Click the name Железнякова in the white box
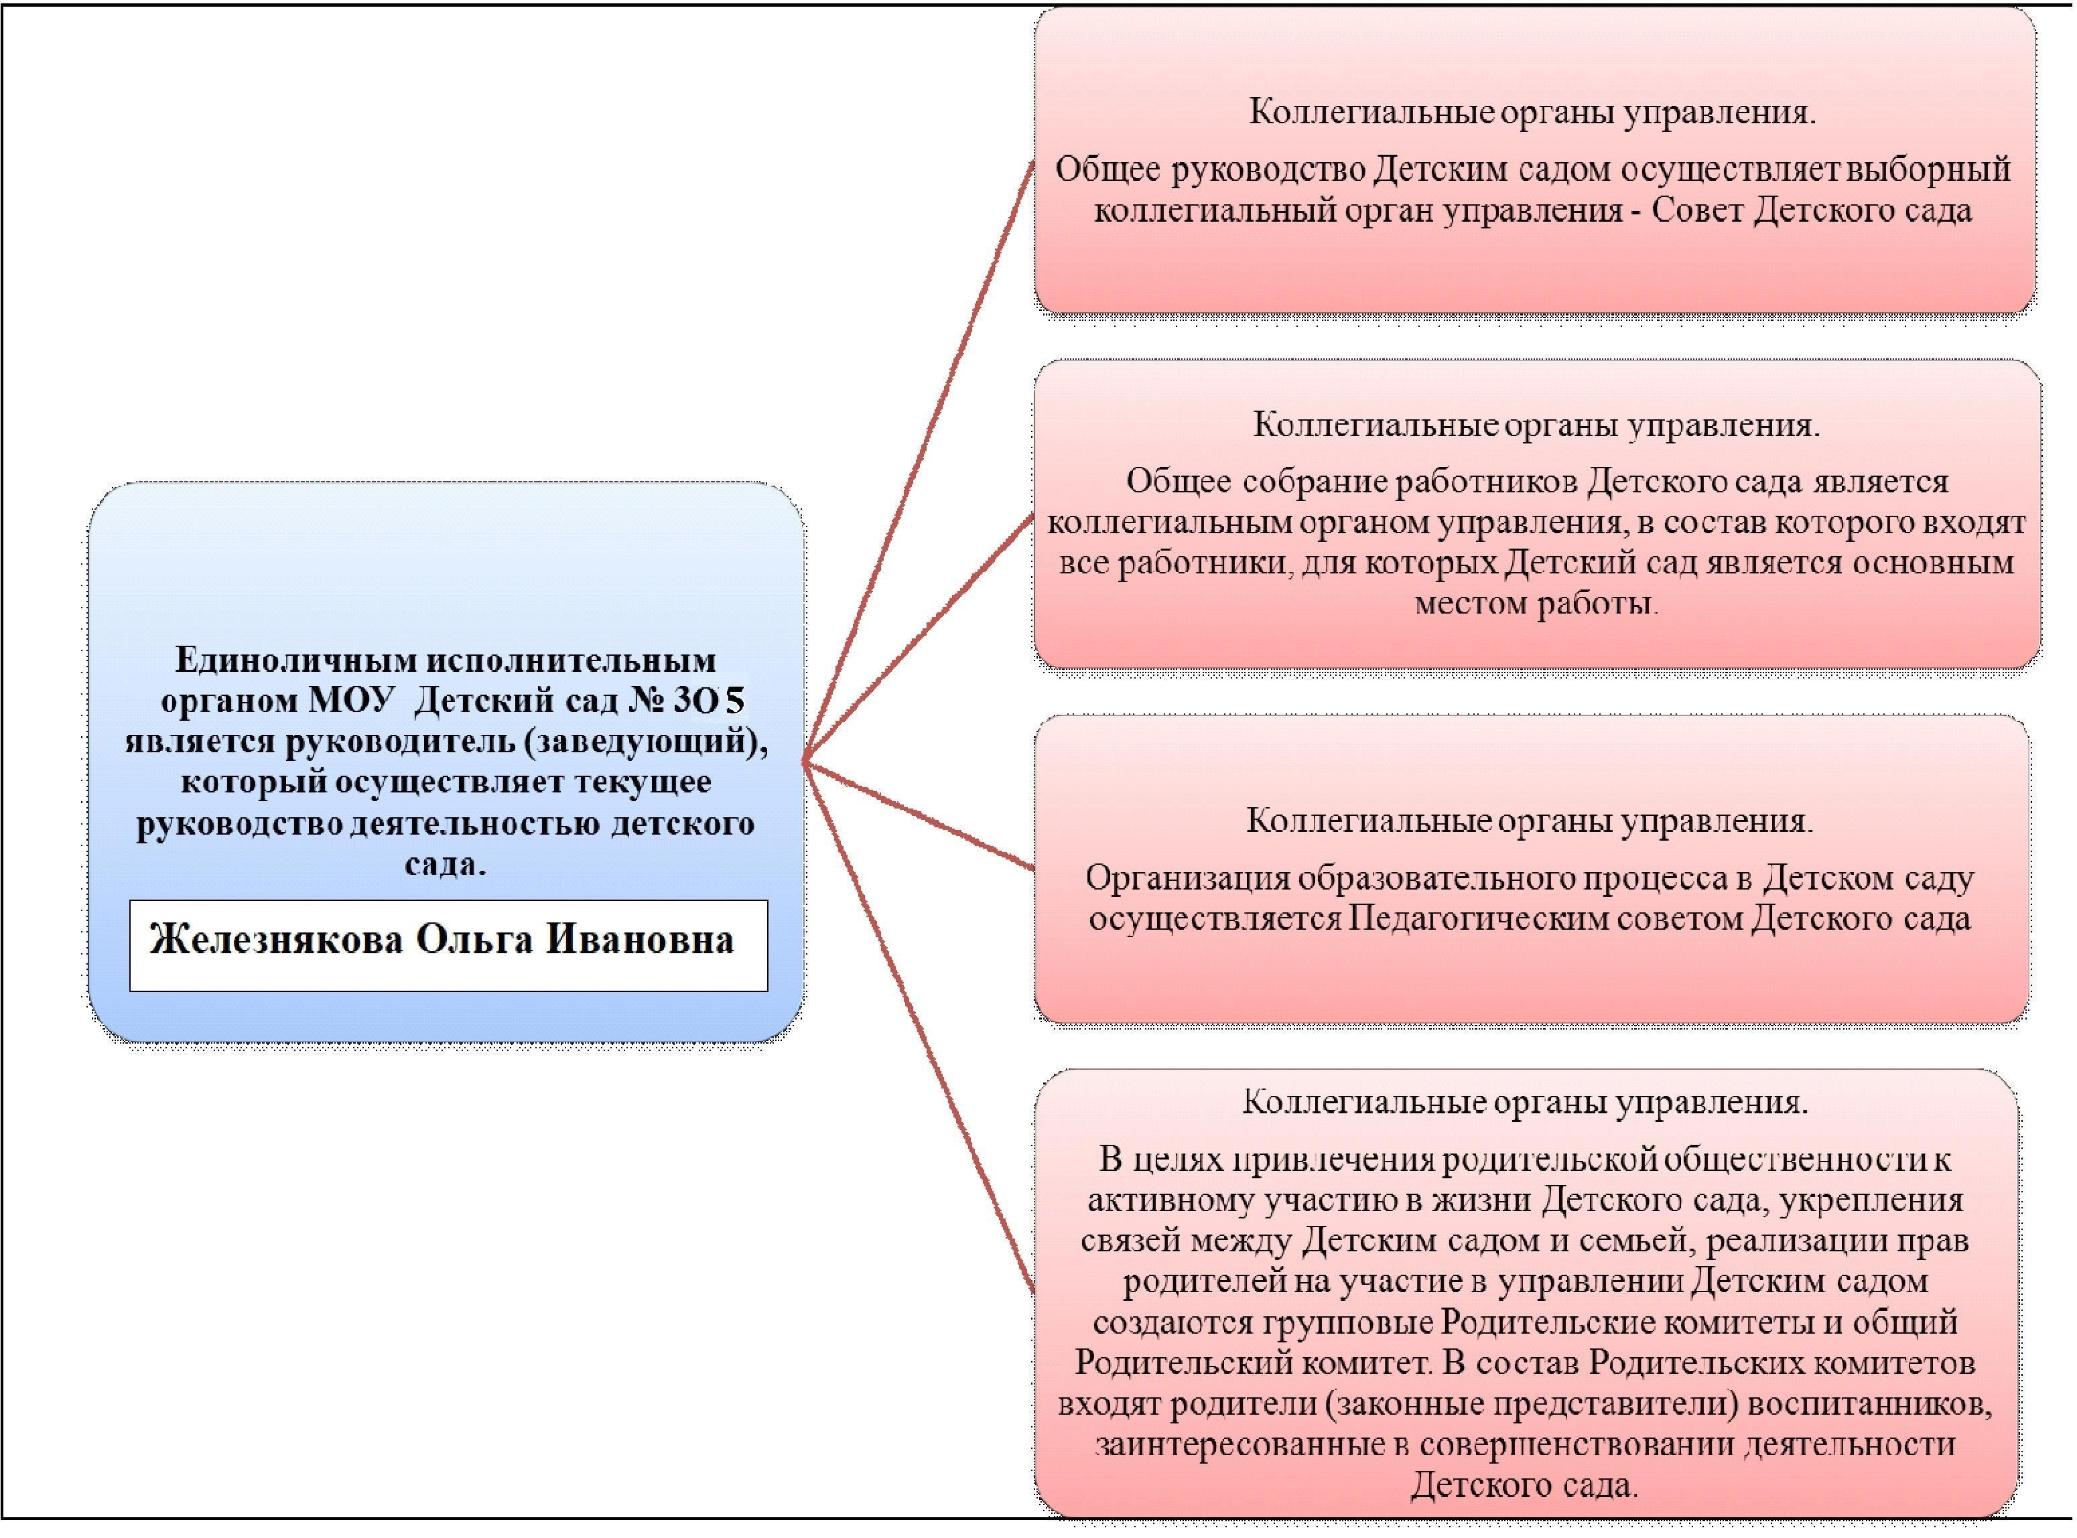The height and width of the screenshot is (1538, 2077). pyautogui.click(x=277, y=940)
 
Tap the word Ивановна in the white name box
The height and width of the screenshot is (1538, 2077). pyautogui.click(x=640, y=940)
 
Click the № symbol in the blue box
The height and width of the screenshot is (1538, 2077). pyautogui.click(x=645, y=701)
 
